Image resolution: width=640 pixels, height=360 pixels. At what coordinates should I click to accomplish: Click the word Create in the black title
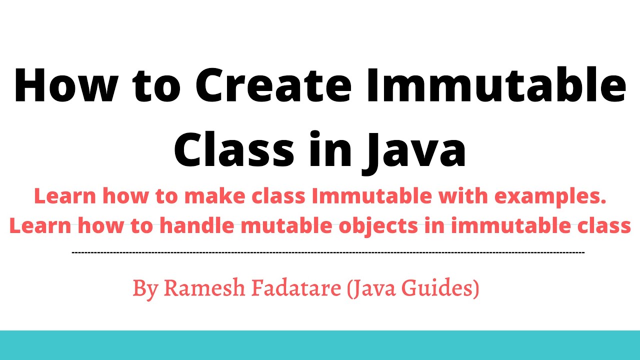click(273, 85)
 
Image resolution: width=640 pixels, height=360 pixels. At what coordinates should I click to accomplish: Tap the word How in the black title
click(66, 85)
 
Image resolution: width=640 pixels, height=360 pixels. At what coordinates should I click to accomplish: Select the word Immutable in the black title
click(496, 85)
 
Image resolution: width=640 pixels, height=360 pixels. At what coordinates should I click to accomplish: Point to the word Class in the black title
click(234, 149)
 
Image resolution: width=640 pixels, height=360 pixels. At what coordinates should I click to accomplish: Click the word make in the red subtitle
click(215, 196)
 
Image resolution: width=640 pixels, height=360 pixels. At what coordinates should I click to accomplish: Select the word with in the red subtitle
click(463, 196)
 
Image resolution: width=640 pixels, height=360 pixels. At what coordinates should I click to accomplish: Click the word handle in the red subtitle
click(197, 225)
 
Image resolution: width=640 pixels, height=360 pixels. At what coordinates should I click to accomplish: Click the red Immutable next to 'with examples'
click(371, 196)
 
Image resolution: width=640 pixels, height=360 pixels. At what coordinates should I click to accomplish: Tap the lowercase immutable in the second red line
click(511, 225)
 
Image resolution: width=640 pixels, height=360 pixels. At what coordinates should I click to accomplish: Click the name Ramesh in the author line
click(204, 287)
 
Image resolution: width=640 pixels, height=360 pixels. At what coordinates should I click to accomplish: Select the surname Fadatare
click(296, 287)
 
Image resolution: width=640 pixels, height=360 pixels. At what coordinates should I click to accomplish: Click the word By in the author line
click(145, 289)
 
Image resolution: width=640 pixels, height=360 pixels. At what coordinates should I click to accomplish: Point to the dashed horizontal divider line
click(328, 252)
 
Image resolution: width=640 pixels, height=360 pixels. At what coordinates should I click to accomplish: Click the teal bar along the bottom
click(320, 345)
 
